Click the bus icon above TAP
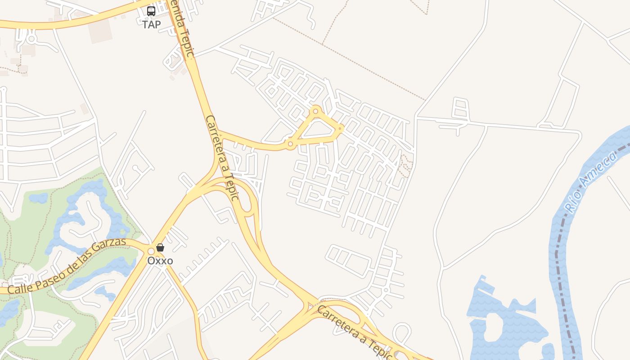[x=151, y=11]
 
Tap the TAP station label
[x=151, y=25]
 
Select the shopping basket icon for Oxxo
[x=160, y=247]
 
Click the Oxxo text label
[x=160, y=261]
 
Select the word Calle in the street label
[x=20, y=287]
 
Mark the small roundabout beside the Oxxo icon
[x=151, y=251]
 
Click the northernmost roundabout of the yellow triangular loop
[x=316, y=111]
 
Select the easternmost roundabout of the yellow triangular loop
[x=341, y=129]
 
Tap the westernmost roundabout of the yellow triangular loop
[x=290, y=144]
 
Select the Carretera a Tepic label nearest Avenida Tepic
[x=221, y=157]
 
